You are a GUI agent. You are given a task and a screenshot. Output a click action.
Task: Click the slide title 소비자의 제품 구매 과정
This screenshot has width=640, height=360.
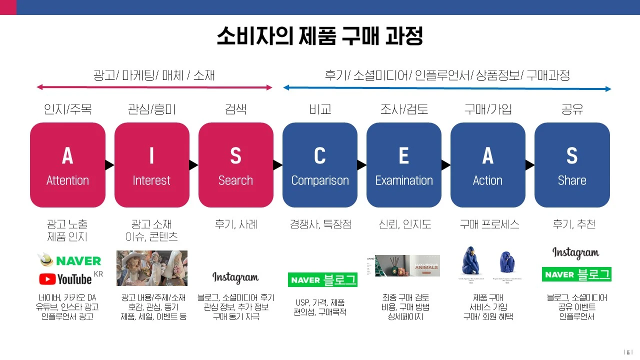pos(319,36)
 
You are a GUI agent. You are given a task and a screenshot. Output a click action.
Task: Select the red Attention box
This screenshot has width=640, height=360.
pos(67,164)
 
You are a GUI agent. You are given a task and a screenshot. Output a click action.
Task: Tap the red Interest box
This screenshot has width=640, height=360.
pos(151,164)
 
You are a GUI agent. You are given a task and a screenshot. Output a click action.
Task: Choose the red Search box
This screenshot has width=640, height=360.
pos(235,164)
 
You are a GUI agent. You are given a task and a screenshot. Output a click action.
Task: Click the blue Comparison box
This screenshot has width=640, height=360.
pos(320,164)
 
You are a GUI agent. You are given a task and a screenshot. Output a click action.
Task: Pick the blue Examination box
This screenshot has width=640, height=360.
pos(404,164)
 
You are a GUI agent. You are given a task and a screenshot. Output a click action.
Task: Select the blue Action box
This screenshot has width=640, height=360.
pos(487,164)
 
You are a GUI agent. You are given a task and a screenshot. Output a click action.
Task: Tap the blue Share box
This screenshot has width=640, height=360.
pos(572,164)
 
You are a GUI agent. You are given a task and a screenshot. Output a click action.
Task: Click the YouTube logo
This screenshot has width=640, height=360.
pos(65,278)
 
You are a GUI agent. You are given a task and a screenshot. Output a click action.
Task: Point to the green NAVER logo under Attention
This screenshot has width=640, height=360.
pos(70,260)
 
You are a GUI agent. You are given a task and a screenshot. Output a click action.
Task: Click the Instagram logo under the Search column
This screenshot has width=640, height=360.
pos(235,278)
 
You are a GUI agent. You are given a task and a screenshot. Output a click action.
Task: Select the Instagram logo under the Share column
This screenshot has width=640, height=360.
pos(575,253)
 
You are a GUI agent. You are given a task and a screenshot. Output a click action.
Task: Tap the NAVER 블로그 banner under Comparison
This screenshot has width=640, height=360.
pos(322,279)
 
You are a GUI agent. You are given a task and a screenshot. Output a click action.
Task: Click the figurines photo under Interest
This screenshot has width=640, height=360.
pos(152,268)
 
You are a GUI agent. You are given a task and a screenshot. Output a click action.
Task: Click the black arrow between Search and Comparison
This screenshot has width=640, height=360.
pos(278,164)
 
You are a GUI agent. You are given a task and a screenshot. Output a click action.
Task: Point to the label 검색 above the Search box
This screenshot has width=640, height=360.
pos(235,109)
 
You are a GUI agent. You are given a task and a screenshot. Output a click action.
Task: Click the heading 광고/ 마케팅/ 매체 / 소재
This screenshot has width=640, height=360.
pos(154,75)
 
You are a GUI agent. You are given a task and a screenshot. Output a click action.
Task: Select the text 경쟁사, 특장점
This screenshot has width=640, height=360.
pos(320,224)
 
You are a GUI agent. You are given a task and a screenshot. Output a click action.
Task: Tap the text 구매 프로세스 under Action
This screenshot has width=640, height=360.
pos(489,224)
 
